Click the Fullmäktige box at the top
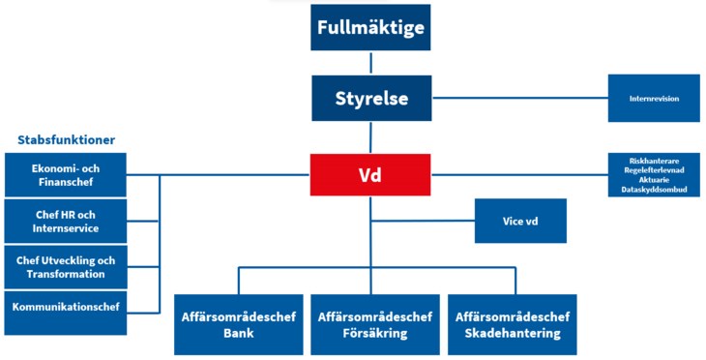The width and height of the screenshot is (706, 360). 370,27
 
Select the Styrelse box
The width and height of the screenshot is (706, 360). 370,99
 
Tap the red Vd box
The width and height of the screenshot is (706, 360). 370,175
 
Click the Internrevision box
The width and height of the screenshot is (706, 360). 653,99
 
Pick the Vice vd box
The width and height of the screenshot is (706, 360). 519,221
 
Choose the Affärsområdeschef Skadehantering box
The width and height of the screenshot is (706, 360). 512,324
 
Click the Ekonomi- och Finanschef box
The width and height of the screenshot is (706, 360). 65,174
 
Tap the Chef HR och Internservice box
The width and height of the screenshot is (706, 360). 65,221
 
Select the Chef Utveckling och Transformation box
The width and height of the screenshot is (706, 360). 65,267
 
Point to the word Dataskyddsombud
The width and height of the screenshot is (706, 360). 653,191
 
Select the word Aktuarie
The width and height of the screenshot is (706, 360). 653,180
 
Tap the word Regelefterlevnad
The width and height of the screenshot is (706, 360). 653,169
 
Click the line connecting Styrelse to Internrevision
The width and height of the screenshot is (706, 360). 518,99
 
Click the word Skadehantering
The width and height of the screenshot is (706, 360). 512,334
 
